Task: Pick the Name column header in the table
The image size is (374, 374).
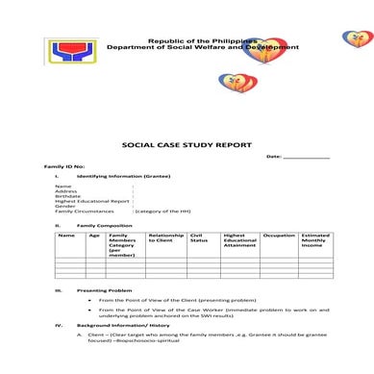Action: pyautogui.click(x=66, y=236)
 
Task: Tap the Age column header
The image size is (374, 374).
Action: pyautogui.click(x=94, y=236)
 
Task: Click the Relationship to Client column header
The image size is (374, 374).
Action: pyautogui.click(x=166, y=238)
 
